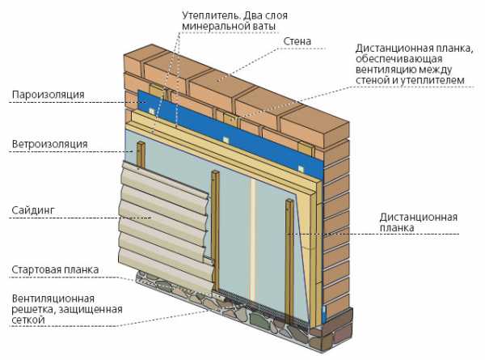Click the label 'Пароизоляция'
coord(48,95)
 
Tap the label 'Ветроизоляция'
coord(49,144)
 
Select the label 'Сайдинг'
coord(33,210)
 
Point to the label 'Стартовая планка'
coord(55,269)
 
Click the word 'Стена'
coord(297,41)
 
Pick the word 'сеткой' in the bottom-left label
coord(28,320)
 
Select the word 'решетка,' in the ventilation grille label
coord(33,309)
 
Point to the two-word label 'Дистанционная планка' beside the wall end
coord(418,222)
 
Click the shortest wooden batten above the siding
coord(141,155)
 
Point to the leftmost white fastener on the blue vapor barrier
coord(151,111)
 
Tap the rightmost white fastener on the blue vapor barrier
coord(301,169)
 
